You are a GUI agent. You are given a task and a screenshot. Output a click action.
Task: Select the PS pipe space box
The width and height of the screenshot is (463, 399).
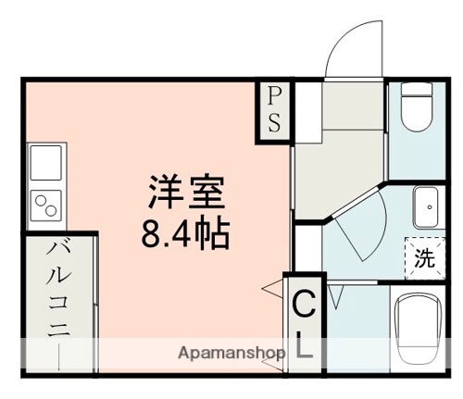click(x=275, y=110)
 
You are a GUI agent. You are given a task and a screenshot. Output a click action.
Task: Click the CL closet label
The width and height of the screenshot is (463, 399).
click(x=304, y=323)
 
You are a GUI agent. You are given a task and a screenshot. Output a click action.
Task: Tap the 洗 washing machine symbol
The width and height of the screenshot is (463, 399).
click(x=422, y=258)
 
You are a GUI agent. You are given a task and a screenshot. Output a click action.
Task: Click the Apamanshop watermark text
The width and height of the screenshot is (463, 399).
click(x=232, y=353)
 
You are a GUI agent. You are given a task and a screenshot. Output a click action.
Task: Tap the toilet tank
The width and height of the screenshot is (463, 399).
click(x=414, y=94)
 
